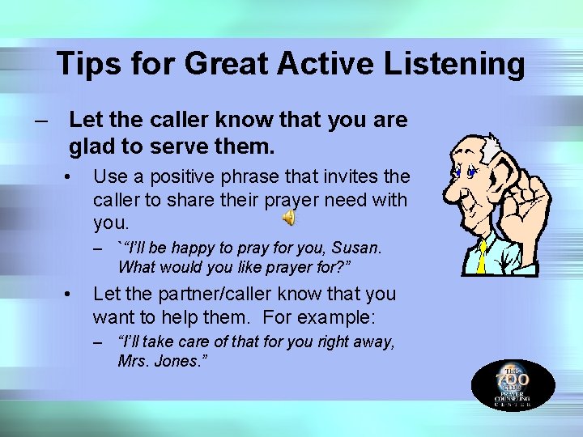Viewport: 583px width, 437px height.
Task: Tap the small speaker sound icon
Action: tap(289, 218)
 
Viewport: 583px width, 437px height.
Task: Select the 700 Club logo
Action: tap(513, 384)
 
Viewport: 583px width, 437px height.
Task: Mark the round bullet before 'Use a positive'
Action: tap(72, 176)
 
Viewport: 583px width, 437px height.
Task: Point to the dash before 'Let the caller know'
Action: tap(40, 121)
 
